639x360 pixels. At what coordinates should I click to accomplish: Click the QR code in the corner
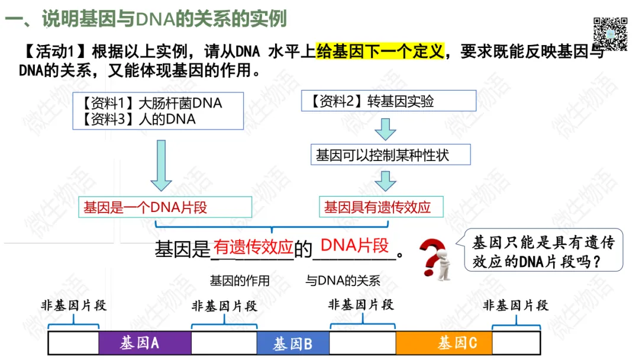610,33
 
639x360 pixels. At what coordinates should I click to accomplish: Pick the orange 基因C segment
444,343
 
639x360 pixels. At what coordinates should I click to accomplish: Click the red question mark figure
434,258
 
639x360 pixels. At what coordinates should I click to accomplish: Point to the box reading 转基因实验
389,101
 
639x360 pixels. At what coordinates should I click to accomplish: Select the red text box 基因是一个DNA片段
165,207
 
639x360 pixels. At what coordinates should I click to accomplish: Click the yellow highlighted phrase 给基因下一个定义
380,52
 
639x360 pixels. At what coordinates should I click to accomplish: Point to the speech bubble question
543,251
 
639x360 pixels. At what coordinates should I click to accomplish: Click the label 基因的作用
240,281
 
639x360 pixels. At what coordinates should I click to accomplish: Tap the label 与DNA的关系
343,281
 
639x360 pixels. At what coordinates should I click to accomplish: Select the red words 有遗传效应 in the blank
253,247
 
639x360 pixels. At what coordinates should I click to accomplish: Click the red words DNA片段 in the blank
354,245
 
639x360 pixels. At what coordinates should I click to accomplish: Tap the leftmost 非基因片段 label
73,306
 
